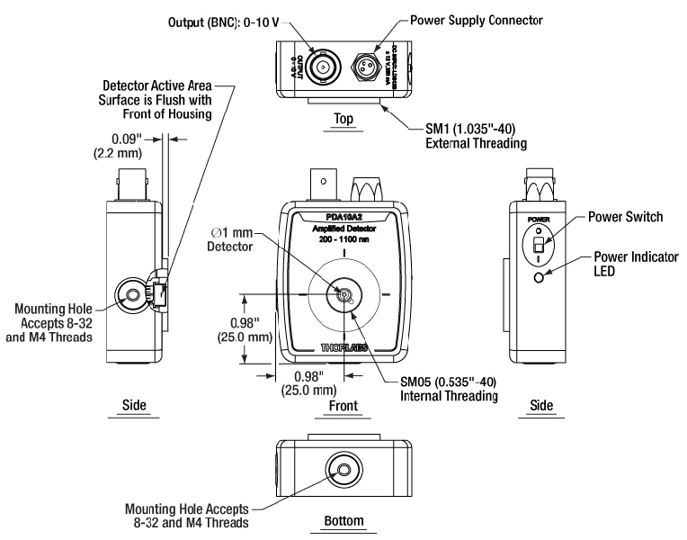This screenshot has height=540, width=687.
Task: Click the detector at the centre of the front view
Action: pos(343,293)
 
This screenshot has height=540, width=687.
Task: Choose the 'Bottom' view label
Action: pos(343,522)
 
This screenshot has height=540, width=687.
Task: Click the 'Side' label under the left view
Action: pos(134,406)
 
